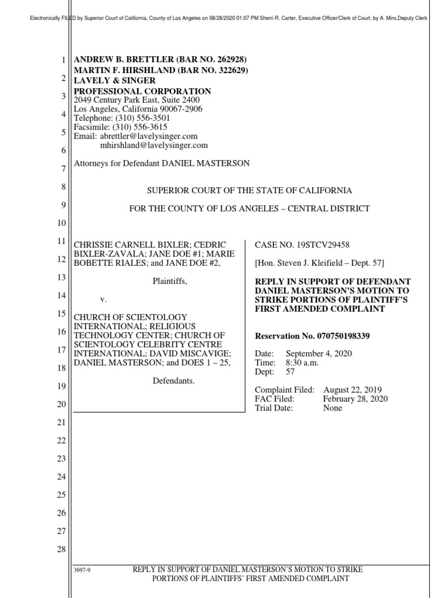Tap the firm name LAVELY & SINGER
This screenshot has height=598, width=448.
tap(114, 81)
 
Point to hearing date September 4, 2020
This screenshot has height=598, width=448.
tap(318, 354)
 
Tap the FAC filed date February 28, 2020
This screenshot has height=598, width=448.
tap(355, 399)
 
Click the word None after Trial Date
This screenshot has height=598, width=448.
tap(332, 408)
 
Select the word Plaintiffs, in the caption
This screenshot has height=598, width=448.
tap(170, 281)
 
